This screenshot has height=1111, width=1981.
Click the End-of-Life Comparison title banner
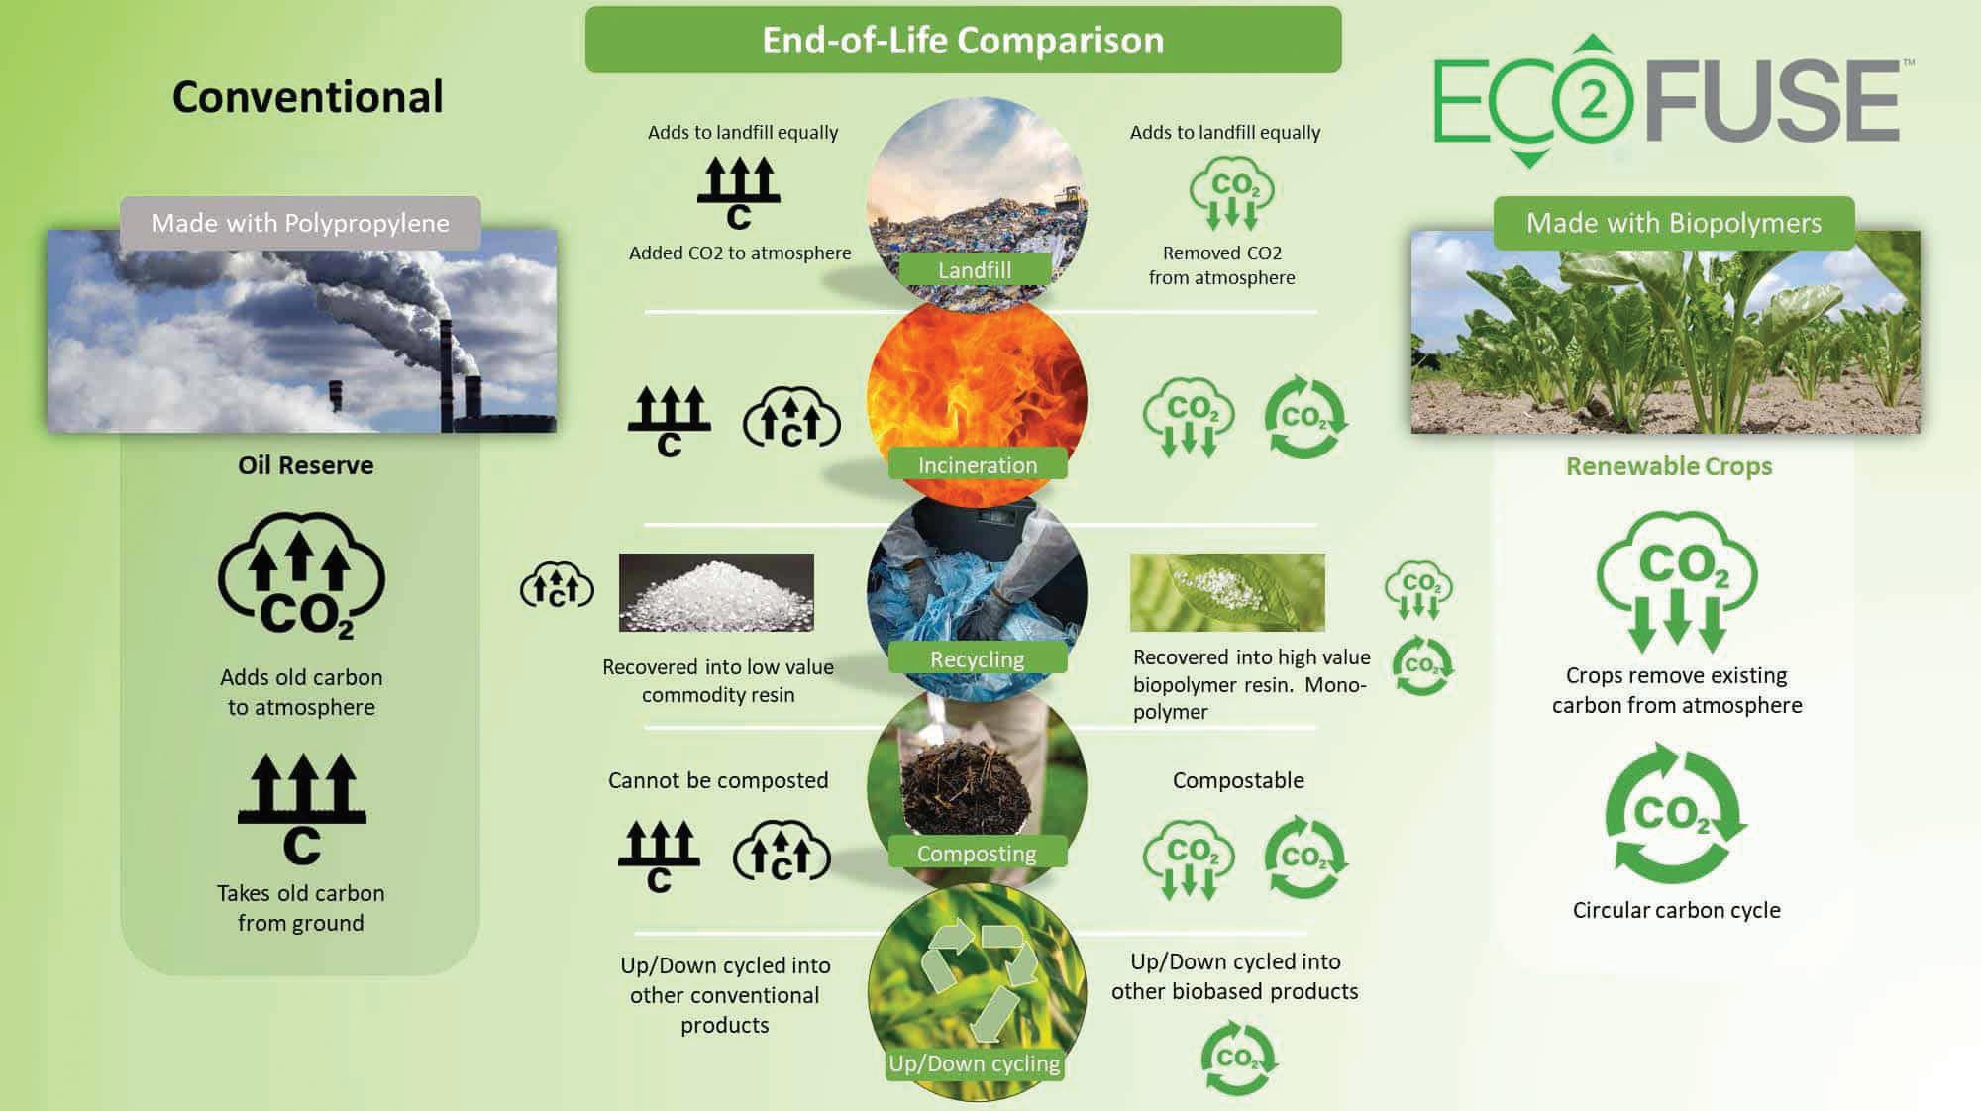click(x=963, y=40)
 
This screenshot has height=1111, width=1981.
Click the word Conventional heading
click(x=307, y=97)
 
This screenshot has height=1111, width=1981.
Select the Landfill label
click(x=975, y=269)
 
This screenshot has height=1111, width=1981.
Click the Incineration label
click(x=978, y=464)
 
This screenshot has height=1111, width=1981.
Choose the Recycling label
click(x=978, y=658)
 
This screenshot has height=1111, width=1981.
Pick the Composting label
click(x=977, y=853)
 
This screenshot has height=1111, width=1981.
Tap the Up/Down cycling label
click(x=975, y=1063)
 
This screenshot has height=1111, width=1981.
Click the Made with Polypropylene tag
click(x=300, y=223)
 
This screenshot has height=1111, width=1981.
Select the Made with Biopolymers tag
click(x=1674, y=223)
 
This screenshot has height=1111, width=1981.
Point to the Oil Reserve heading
click(x=305, y=465)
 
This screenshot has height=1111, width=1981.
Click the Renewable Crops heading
click(x=1669, y=466)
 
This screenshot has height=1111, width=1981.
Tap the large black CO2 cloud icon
click(x=301, y=575)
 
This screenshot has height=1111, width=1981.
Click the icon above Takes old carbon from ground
click(x=301, y=808)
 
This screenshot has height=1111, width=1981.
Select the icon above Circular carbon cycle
click(x=1676, y=815)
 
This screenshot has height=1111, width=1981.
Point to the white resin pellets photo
click(x=716, y=592)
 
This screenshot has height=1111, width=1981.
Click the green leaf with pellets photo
click(x=1227, y=592)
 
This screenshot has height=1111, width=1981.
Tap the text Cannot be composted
click(x=718, y=780)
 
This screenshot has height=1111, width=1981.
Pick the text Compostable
click(x=1238, y=780)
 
